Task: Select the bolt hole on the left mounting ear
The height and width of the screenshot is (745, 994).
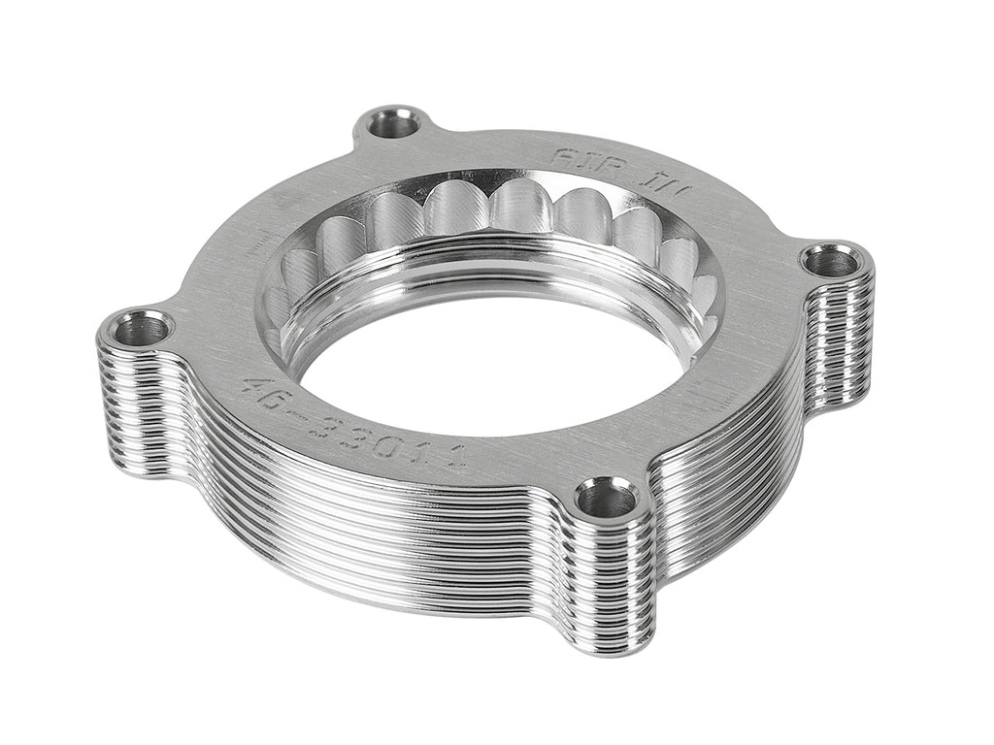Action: pos(142,329)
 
